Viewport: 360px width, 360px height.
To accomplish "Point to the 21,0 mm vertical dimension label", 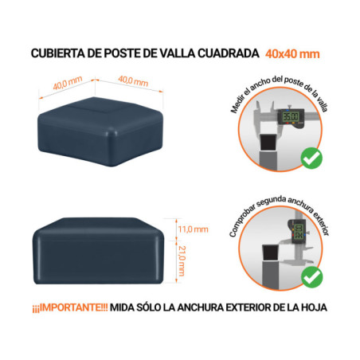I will [x=182, y=260].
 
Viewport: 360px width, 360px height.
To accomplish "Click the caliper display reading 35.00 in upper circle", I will [x=292, y=119].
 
